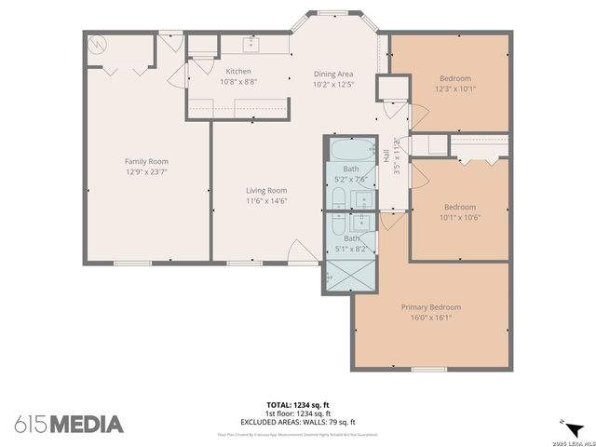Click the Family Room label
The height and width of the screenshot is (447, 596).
(144, 160)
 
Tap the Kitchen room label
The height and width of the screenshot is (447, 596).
(239, 71)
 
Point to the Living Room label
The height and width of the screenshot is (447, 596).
(265, 190)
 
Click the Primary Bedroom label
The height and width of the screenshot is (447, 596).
(430, 306)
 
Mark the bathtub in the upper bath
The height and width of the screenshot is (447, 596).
(351, 149)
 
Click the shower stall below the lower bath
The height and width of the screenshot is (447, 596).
(351, 277)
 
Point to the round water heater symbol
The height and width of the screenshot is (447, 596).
(96, 44)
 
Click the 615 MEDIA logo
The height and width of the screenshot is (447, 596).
(69, 425)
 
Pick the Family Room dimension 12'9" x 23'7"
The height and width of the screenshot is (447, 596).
(144, 171)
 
